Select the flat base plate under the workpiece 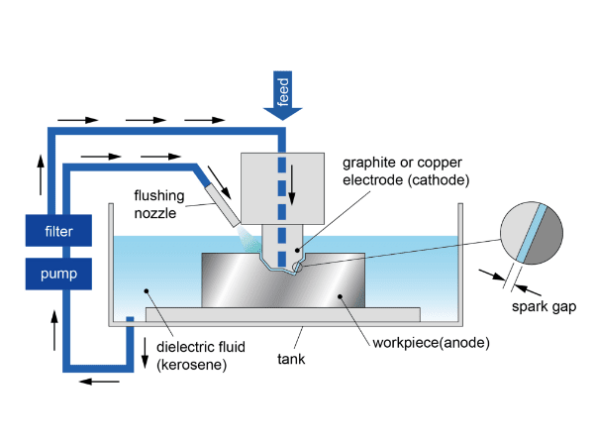[x=282, y=314]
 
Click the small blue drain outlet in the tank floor [x=129, y=319]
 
